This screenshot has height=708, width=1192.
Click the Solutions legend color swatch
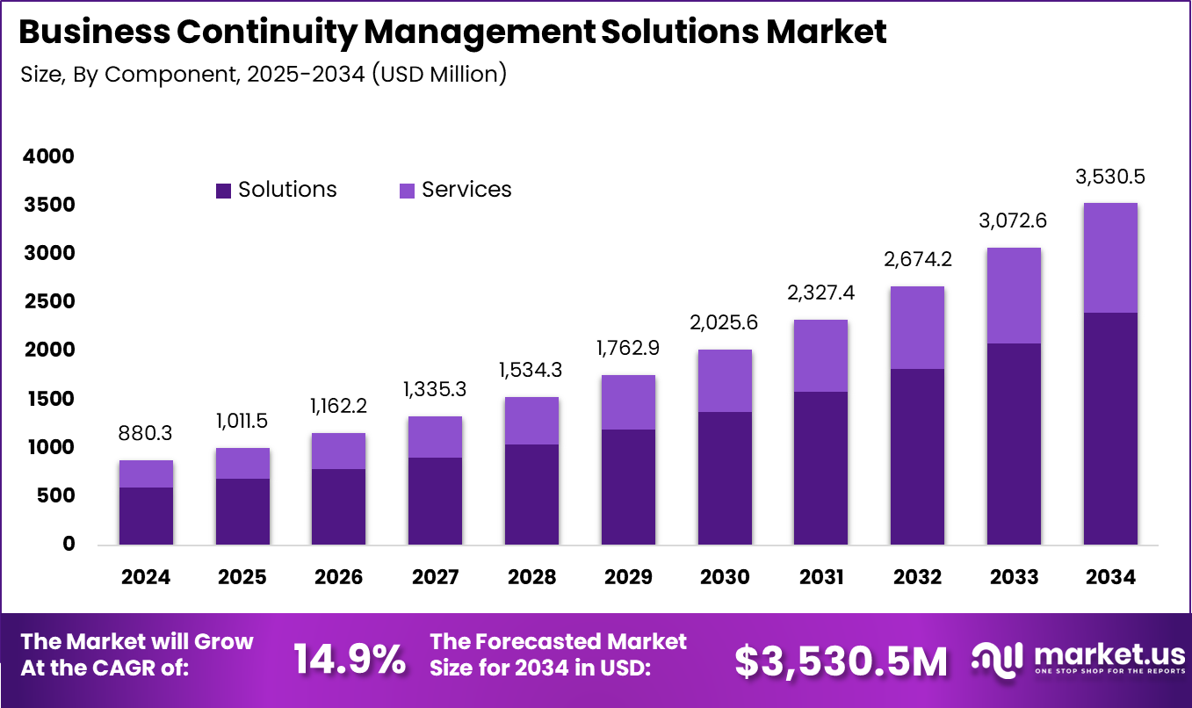pyautogui.click(x=223, y=191)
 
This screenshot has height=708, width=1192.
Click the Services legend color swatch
pyautogui.click(x=407, y=191)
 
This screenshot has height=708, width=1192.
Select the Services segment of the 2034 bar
pyautogui.click(x=1109, y=257)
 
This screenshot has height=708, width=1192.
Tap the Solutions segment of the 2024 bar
pyautogui.click(x=146, y=516)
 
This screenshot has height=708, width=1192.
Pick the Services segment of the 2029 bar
pyautogui.click(x=628, y=402)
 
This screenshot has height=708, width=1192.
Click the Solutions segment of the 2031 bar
pyautogui.click(x=820, y=467)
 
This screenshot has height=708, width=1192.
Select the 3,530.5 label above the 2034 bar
pyautogui.click(x=1109, y=177)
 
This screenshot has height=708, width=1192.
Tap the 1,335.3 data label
pyautogui.click(x=435, y=388)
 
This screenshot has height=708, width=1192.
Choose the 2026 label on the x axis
pyautogui.click(x=338, y=577)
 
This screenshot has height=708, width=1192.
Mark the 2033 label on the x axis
pyautogui.click(x=1013, y=577)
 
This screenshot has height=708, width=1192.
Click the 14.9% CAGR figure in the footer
pyautogui.click(x=349, y=659)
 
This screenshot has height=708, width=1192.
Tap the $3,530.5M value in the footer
pyautogui.click(x=841, y=661)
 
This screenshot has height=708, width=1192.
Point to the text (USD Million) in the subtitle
pyautogui.click(x=439, y=75)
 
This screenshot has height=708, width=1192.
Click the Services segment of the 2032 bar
pyautogui.click(x=917, y=328)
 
